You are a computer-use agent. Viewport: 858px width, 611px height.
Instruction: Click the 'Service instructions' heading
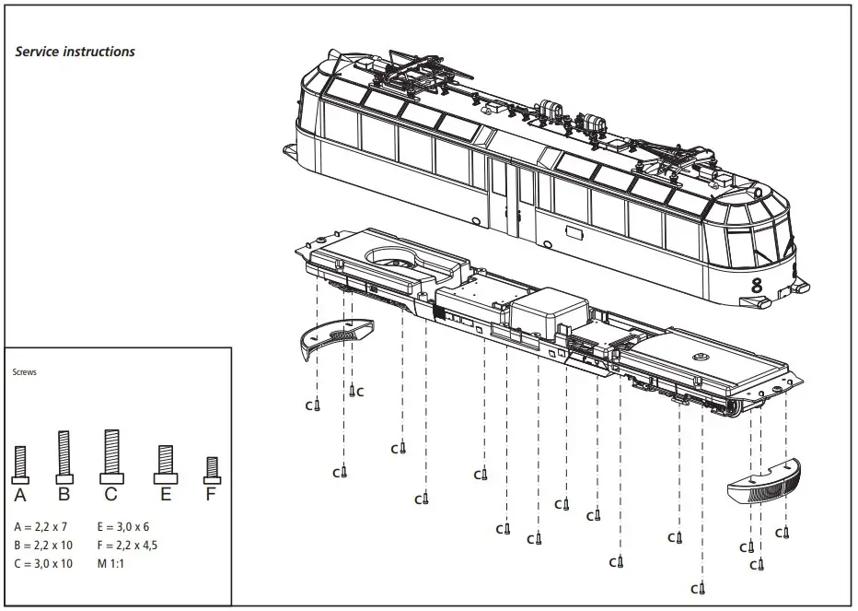click(75, 52)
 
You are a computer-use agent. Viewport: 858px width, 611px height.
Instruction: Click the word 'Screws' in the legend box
click(25, 372)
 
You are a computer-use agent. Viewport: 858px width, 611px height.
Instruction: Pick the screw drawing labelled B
click(64, 457)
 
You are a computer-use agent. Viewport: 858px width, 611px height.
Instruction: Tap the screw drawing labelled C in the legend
click(111, 456)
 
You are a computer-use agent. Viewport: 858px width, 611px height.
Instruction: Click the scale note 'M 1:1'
click(110, 563)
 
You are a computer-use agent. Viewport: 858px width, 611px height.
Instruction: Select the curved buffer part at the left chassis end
click(339, 335)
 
